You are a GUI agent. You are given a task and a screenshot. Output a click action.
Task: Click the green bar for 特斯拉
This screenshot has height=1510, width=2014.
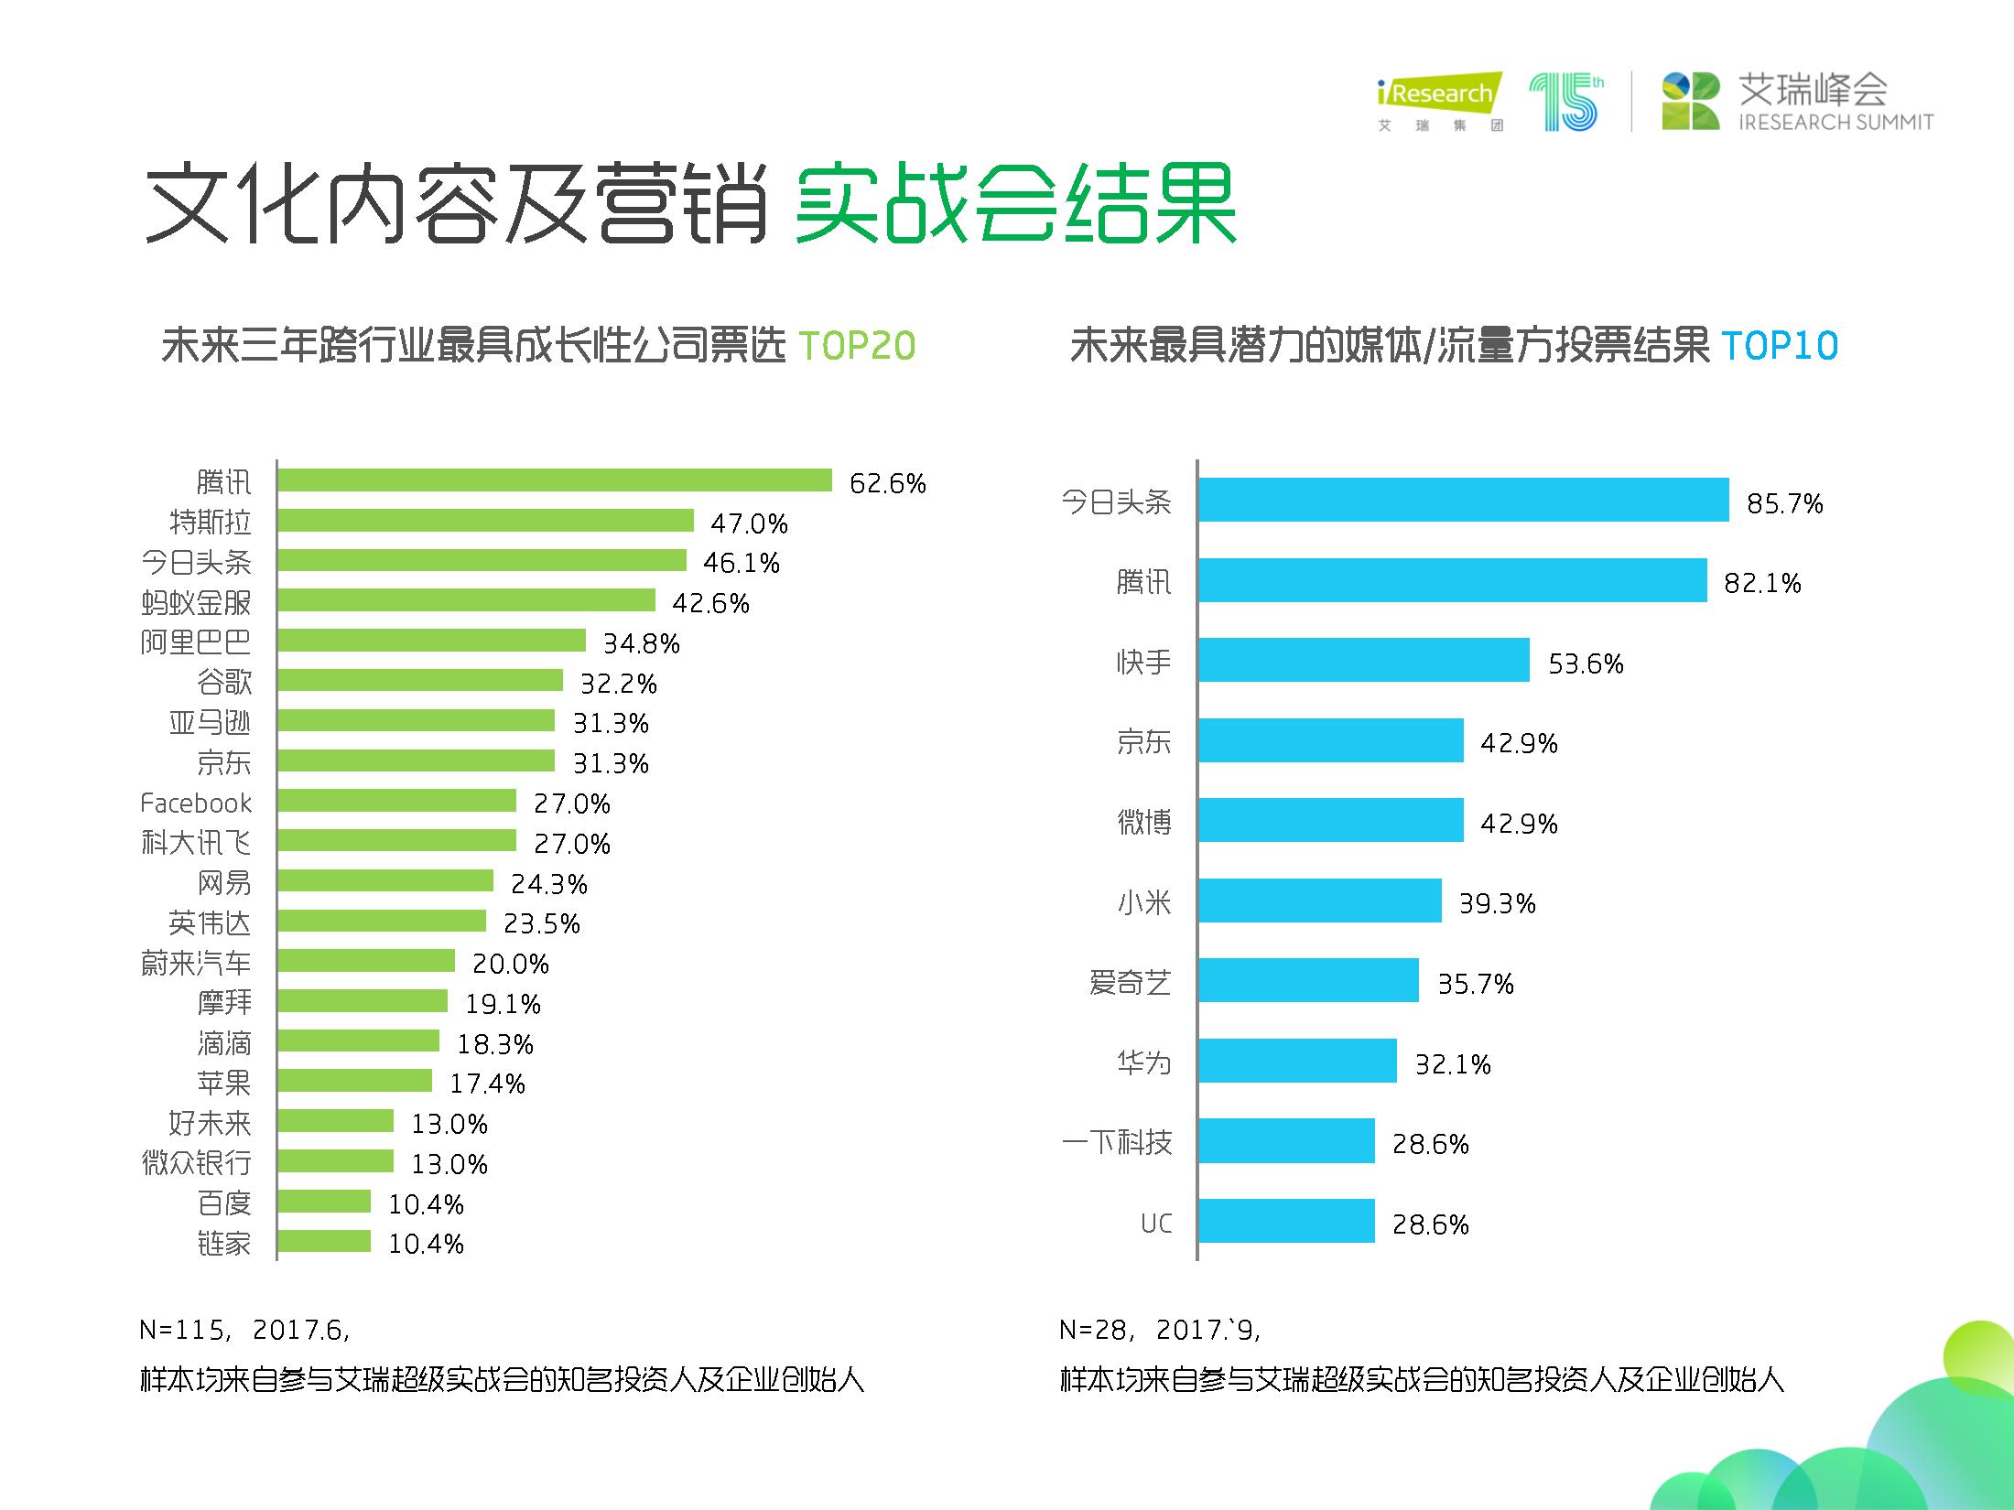click(x=485, y=521)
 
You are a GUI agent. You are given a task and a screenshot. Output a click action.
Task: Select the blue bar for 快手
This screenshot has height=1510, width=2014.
click(x=1364, y=660)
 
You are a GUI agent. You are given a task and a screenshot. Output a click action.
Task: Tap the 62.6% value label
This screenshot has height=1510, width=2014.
click(x=887, y=483)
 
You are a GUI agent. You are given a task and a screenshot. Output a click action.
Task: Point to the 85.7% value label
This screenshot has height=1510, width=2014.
click(x=1784, y=503)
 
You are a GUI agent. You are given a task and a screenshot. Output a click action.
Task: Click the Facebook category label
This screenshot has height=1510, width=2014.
click(x=195, y=804)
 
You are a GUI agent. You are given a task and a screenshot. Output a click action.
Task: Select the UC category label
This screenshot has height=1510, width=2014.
click(x=1156, y=1224)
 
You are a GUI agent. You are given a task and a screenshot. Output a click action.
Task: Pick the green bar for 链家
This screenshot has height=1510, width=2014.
click(x=324, y=1241)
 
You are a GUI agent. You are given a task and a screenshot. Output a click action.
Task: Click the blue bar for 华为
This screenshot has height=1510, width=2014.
click(x=1298, y=1061)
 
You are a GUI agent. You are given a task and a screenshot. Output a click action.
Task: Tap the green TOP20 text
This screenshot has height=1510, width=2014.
click(x=857, y=346)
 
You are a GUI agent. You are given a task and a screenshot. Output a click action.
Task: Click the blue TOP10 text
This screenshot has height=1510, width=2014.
click(x=1780, y=346)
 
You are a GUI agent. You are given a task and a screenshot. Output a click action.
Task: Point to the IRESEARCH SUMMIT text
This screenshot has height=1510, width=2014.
click(x=1836, y=122)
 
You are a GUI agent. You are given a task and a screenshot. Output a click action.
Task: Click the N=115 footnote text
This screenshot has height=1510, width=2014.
click(x=244, y=1329)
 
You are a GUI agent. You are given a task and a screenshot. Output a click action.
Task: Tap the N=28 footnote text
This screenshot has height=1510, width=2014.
click(x=1160, y=1329)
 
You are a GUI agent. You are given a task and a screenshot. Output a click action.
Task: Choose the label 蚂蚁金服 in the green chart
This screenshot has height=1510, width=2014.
click(x=196, y=602)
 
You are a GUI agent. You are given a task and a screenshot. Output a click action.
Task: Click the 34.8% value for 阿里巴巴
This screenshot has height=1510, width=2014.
click(x=641, y=643)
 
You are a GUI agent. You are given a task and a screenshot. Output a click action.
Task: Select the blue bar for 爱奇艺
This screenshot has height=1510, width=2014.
click(x=1309, y=980)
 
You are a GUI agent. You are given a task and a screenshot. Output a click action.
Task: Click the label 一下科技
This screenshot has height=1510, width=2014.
click(x=1117, y=1142)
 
